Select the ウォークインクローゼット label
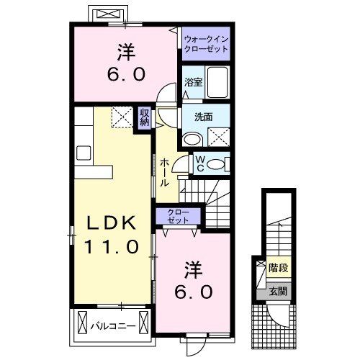(206, 45)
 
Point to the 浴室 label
(192, 81)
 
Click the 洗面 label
(202, 114)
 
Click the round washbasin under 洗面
(192, 140)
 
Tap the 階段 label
(278, 268)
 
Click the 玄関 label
(278, 292)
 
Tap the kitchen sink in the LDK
(82, 153)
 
